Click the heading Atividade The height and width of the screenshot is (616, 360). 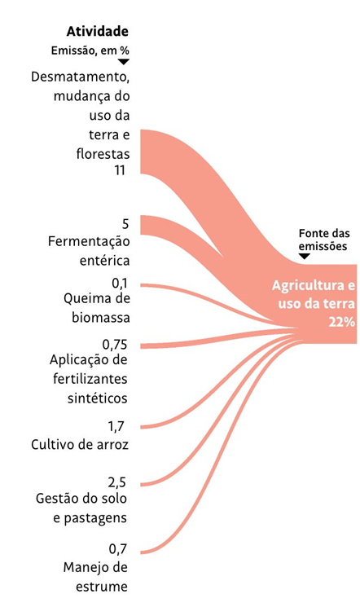[98, 31]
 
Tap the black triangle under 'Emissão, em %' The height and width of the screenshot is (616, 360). [124, 62]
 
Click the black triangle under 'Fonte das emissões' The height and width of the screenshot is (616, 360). [305, 256]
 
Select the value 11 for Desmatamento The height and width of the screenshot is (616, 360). [120, 170]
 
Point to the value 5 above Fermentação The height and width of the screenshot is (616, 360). [125, 224]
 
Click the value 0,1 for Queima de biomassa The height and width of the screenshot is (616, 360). [120, 284]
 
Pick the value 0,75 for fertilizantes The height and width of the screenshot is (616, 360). [115, 345]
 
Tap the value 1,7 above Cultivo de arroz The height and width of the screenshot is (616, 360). [117, 426]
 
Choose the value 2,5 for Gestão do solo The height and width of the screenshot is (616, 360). [117, 482]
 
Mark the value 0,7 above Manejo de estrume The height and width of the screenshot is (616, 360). [118, 549]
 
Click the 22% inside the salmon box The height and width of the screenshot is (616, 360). [341, 322]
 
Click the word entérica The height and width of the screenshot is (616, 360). [104, 261]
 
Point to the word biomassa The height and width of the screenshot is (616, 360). [101, 318]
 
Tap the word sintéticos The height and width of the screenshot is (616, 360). [98, 398]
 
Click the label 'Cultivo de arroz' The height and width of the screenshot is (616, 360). [80, 445]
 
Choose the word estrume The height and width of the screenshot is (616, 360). [101, 587]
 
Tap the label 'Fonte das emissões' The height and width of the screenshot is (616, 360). [324, 240]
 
